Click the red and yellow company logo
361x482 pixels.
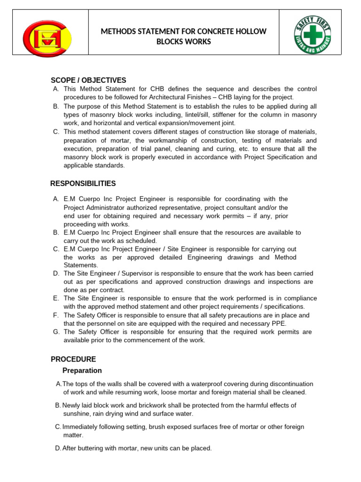pyautogui.click(x=47, y=39)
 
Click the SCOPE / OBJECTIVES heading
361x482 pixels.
pyautogui.click(x=88, y=80)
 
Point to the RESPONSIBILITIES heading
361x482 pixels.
pyautogui.click(x=83, y=184)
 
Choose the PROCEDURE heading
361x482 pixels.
pyautogui.click(x=73, y=359)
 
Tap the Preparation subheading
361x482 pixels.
pyautogui.click(x=82, y=370)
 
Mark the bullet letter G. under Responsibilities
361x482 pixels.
pyautogui.click(x=56, y=332)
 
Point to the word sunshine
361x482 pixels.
pyautogui.click(x=77, y=414)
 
